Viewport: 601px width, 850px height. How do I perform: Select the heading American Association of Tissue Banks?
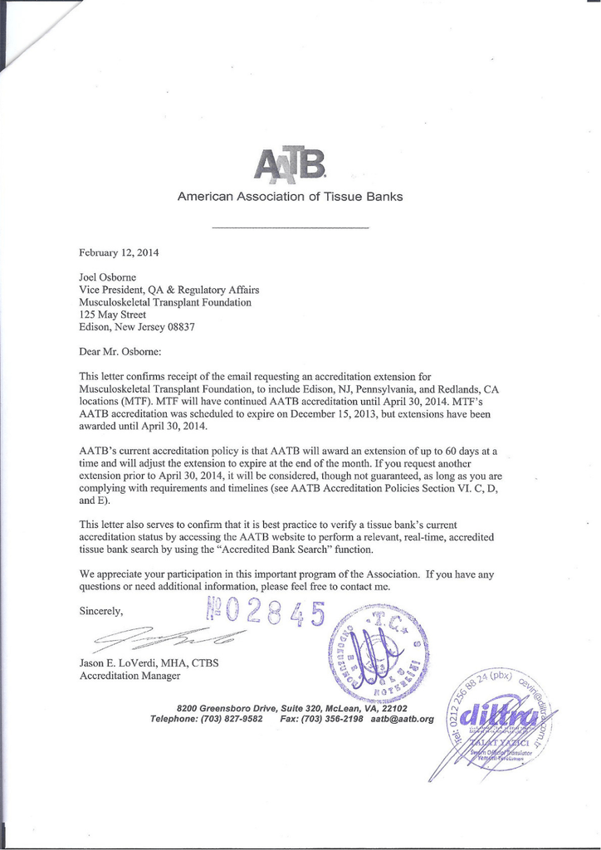291,197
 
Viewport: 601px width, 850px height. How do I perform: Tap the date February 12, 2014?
119,252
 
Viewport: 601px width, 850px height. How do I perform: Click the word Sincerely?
100,612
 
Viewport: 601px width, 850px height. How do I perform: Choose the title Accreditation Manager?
129,677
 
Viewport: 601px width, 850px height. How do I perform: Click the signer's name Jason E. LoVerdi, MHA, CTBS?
149,663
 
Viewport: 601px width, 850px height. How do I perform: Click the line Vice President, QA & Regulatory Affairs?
169,290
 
